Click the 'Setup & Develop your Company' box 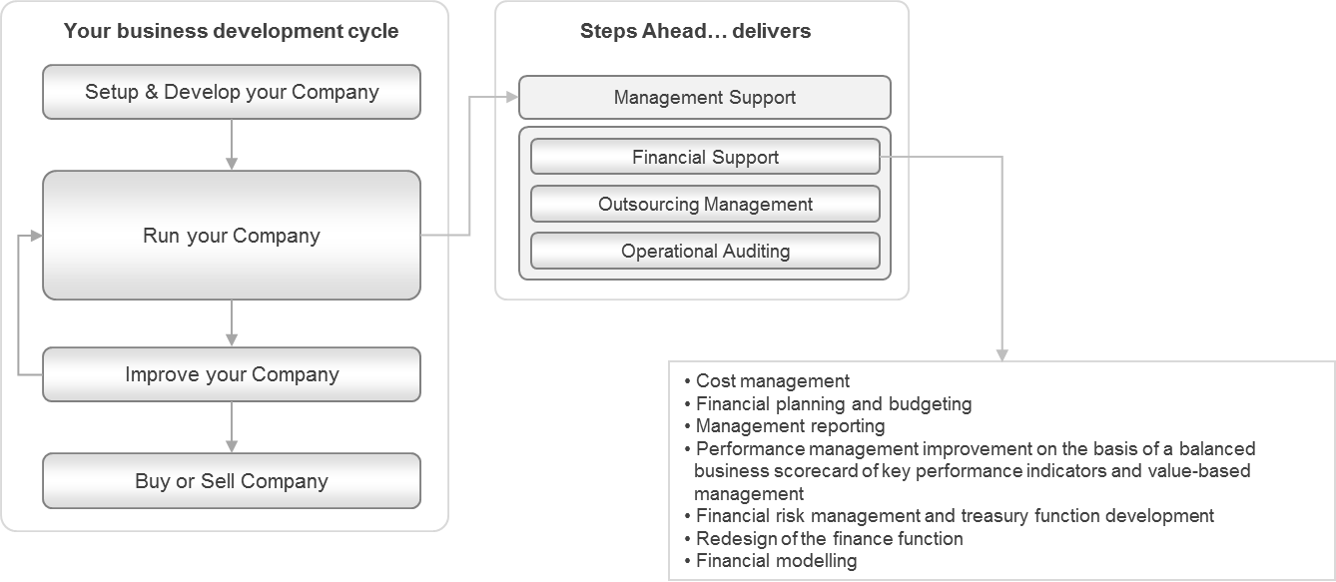coord(232,92)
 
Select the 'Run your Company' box coord(232,236)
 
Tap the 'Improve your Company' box coord(232,374)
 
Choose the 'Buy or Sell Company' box coord(232,481)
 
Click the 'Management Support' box coord(705,98)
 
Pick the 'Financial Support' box coord(705,158)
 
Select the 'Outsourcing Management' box coord(705,204)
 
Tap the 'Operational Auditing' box coord(705,251)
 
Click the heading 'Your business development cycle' coord(231,31)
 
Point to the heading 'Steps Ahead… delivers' coord(695,31)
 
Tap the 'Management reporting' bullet coord(790,426)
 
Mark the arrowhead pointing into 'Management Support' coord(512,98)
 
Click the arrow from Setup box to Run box coord(232,145)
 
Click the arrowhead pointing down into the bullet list coord(1002,354)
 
